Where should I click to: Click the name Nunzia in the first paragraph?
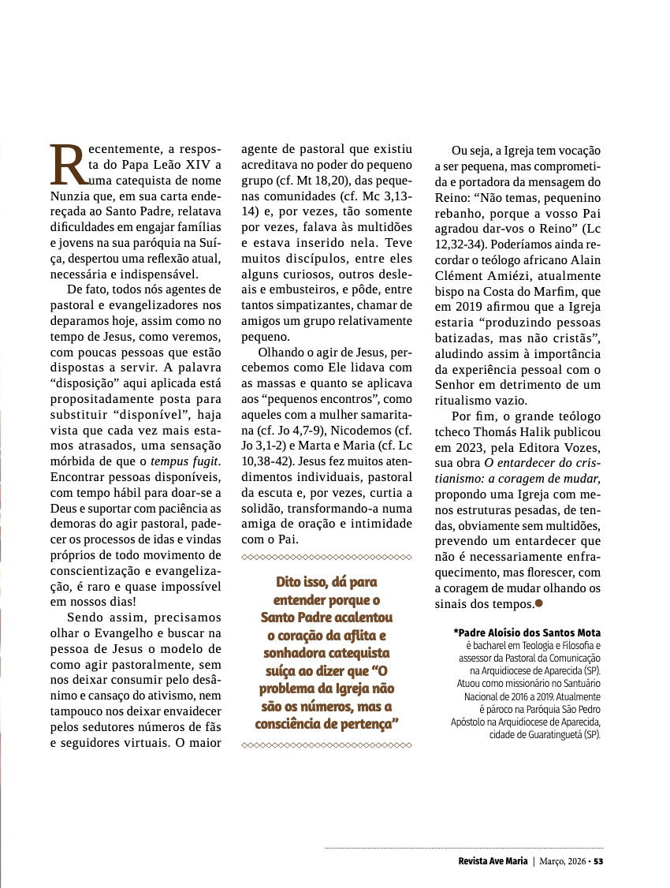[x=70, y=198]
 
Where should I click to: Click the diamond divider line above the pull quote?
[x=326, y=558]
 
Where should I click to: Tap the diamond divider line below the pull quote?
[x=326, y=744]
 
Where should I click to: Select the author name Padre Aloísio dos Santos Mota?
[x=527, y=632]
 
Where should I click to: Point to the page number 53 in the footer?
[x=599, y=860]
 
